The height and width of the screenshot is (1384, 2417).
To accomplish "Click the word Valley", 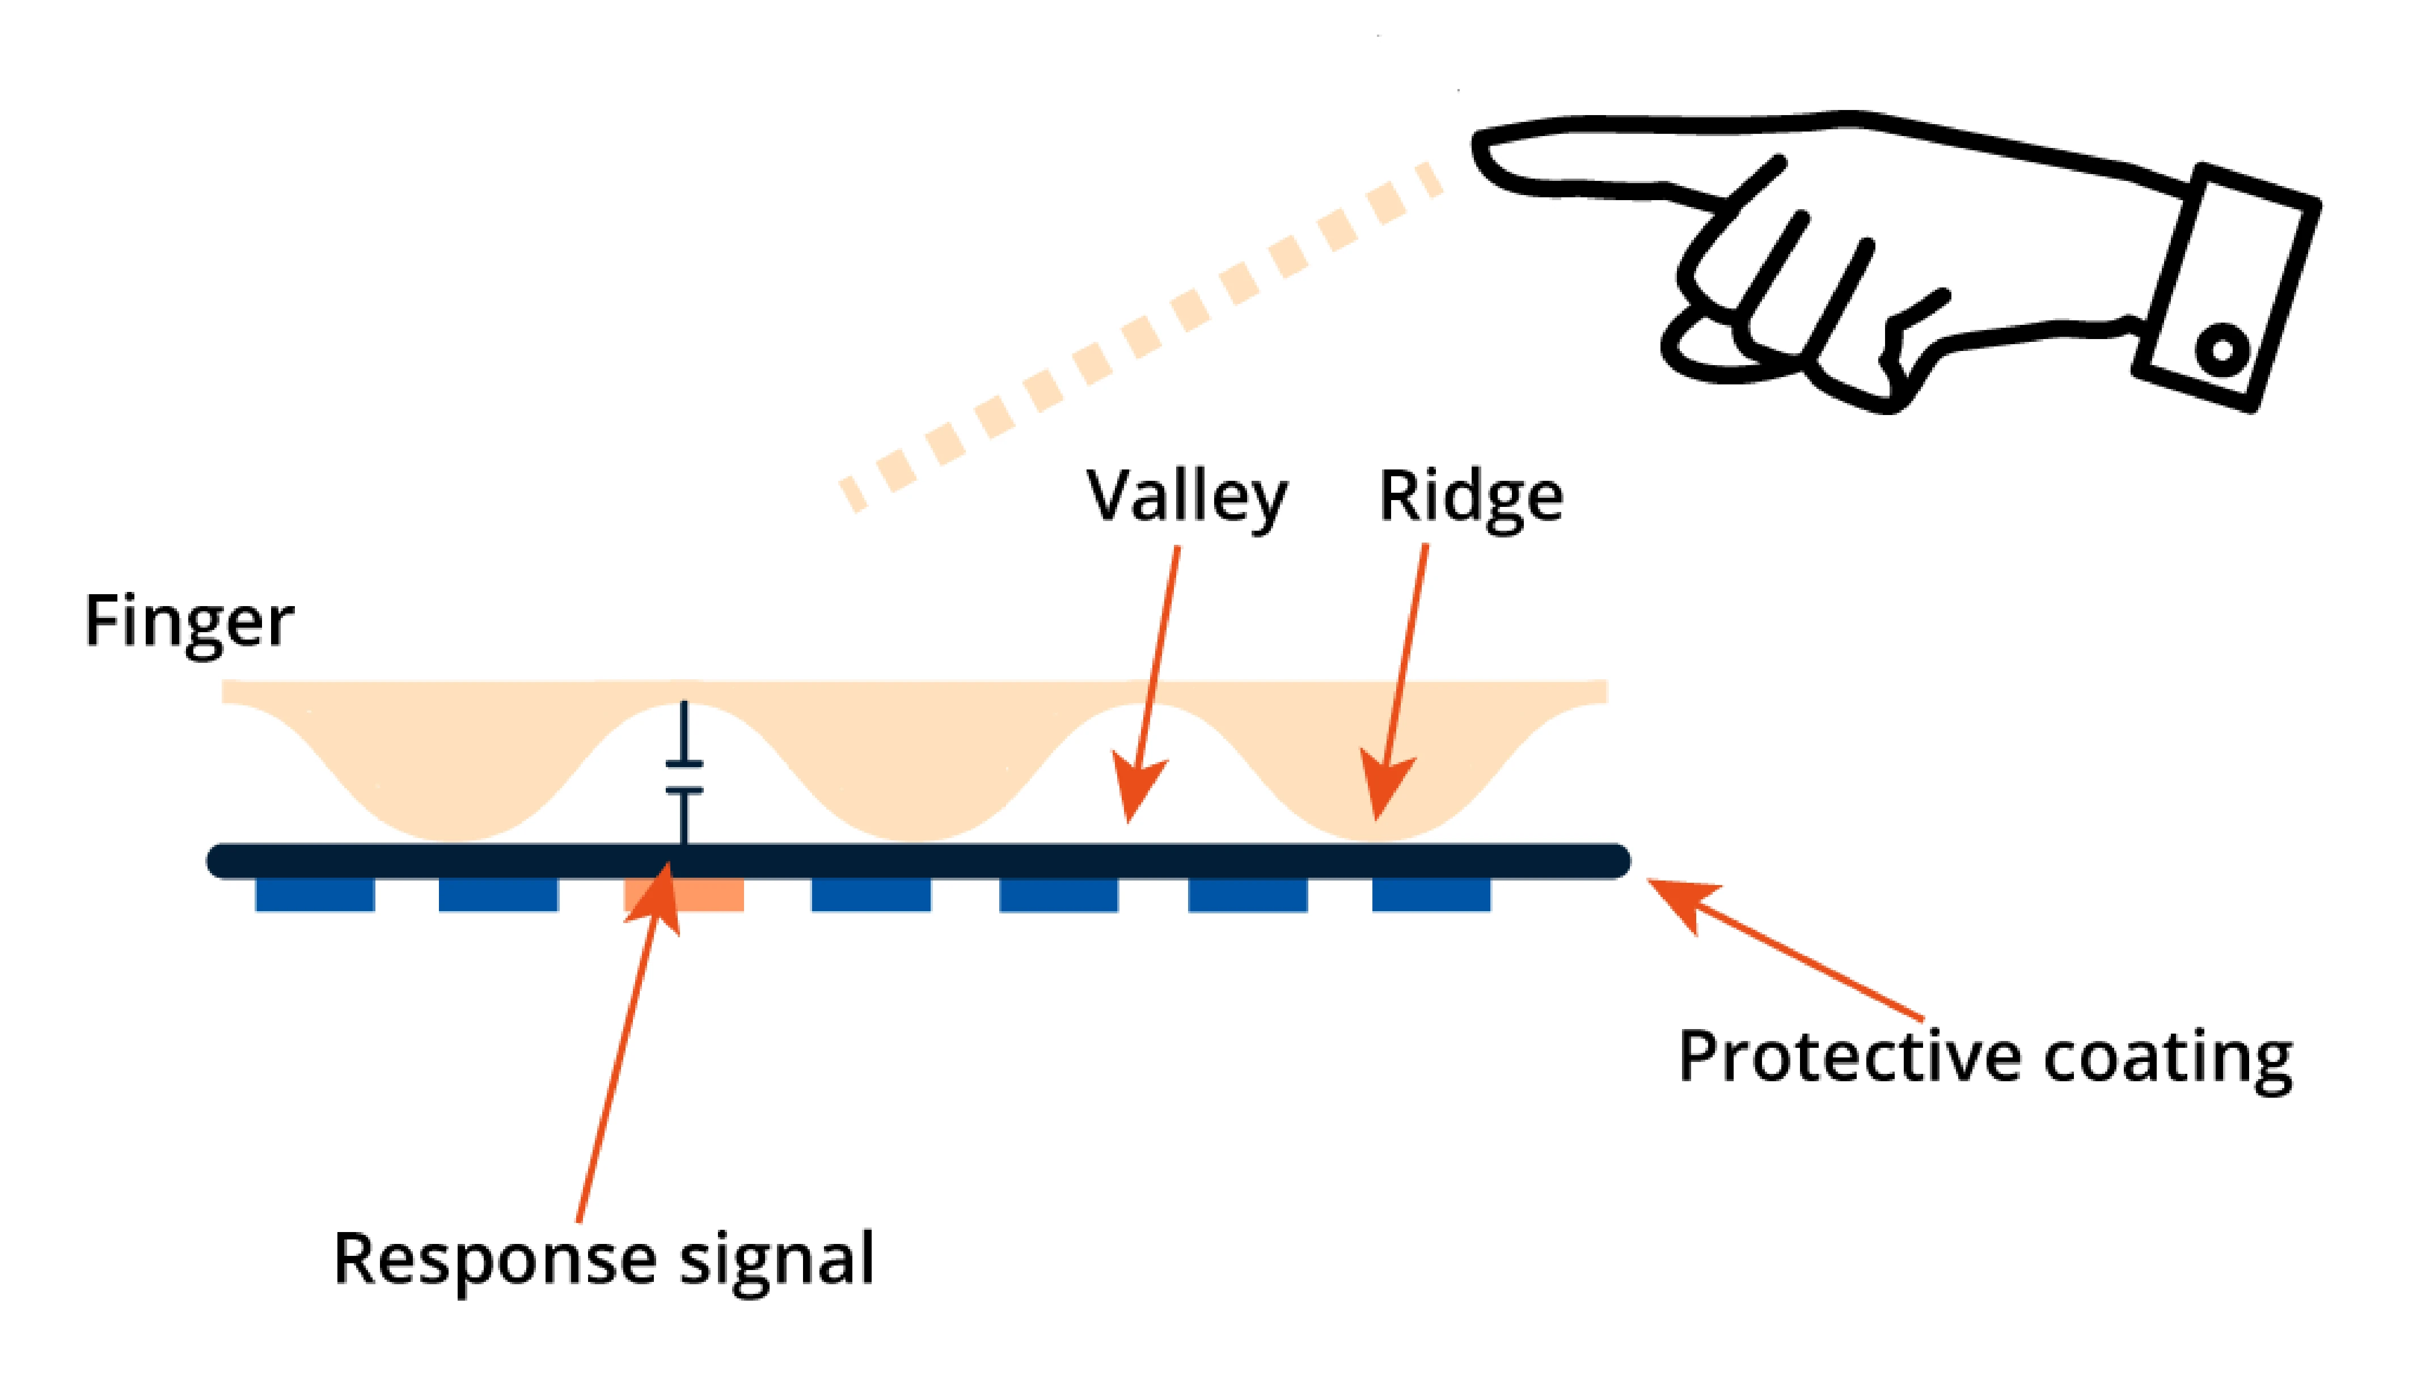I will (1187, 496).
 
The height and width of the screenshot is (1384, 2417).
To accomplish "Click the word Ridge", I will (1471, 496).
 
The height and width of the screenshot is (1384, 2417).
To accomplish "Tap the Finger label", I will (188, 621).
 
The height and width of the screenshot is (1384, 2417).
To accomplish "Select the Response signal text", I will (603, 1259).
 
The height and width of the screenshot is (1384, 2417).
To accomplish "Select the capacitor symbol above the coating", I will (683, 777).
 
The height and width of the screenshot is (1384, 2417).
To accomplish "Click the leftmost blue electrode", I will (315, 895).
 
